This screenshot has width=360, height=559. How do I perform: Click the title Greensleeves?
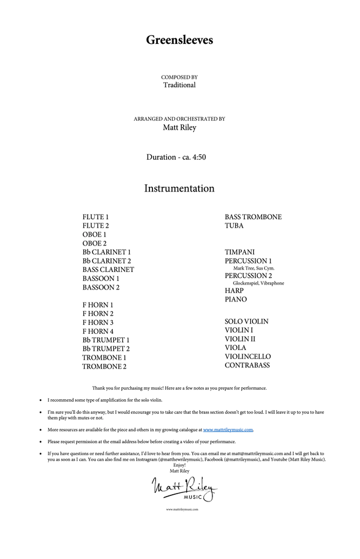(x=179, y=40)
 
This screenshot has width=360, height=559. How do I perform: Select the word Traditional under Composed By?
(x=179, y=85)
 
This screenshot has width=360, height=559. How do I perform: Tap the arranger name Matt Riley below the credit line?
(x=179, y=127)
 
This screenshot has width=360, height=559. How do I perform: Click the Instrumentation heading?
(x=179, y=189)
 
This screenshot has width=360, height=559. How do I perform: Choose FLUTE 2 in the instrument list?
(x=96, y=226)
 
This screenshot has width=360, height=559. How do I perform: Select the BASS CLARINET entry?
(x=109, y=270)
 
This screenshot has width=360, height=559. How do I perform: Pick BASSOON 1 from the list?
(x=101, y=279)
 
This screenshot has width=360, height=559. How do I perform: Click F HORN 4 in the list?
(x=98, y=331)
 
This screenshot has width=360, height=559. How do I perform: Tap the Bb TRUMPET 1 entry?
(x=106, y=340)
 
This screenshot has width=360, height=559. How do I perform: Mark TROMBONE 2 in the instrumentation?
(x=104, y=366)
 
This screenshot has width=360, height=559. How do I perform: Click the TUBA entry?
(x=234, y=226)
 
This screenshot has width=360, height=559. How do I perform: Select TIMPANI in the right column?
(x=240, y=252)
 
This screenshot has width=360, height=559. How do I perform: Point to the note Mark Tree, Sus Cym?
(x=254, y=268)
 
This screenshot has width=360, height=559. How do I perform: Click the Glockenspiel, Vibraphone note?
(x=259, y=283)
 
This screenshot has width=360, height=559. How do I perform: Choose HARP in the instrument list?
(x=234, y=291)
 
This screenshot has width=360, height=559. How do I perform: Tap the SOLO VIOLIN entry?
(x=247, y=322)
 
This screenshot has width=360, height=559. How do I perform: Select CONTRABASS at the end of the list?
(x=247, y=365)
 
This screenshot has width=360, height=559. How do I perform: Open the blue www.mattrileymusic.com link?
(x=228, y=431)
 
